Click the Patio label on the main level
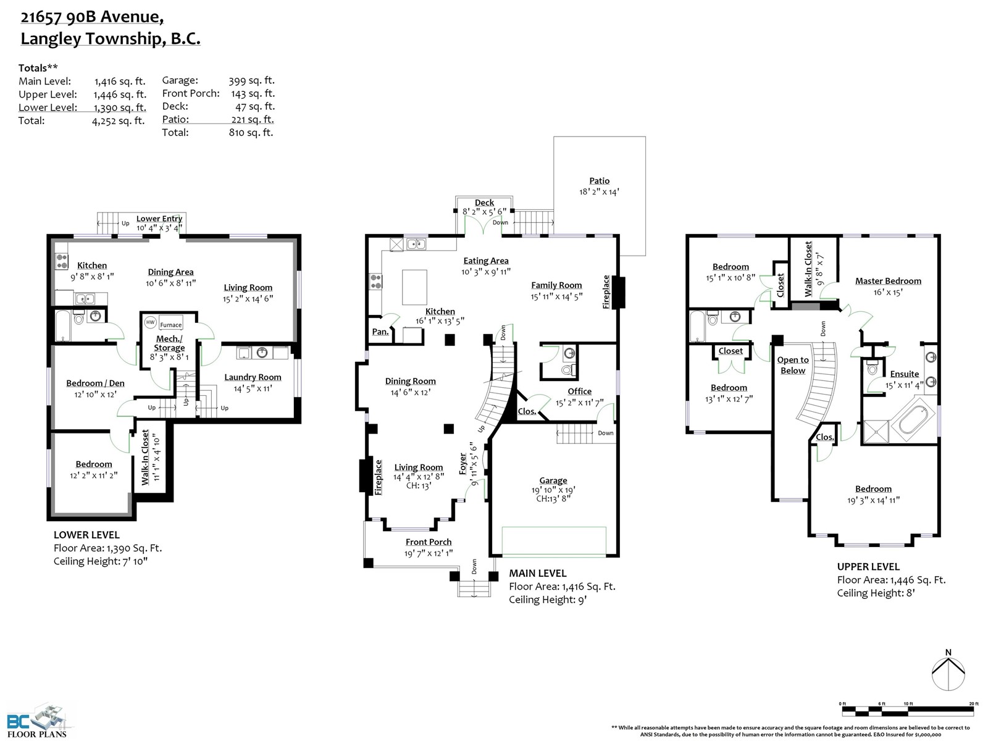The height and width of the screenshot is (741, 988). tap(599, 181)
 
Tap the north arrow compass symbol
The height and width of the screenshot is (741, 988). tap(948, 673)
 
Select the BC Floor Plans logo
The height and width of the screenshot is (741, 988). tap(37, 720)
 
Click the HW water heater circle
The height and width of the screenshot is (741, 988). tap(150, 322)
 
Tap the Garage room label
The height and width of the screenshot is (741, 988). tap(553, 480)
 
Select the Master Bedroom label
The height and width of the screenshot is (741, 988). tap(888, 281)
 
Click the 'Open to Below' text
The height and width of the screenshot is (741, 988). tap(793, 365)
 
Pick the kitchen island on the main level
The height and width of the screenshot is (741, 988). tap(414, 288)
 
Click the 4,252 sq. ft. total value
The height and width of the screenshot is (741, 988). tap(119, 121)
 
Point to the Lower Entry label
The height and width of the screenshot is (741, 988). tap(159, 219)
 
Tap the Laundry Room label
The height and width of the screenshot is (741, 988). tap(253, 377)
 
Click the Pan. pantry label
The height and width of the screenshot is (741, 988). tap(380, 332)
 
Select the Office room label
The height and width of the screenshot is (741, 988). tap(579, 391)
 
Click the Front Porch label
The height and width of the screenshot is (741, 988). tap(428, 542)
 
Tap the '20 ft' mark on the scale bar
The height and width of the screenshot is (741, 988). tap(974, 704)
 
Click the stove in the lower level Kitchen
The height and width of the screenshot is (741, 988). tap(62, 261)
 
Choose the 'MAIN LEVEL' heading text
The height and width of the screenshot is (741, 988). tap(537, 573)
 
